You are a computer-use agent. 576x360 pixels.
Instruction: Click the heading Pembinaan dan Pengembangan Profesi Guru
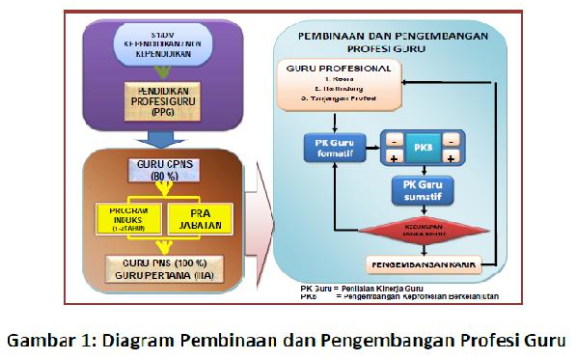pyautogui.click(x=404, y=41)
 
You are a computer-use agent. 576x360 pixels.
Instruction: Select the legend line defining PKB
pyautogui.click(x=404, y=296)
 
